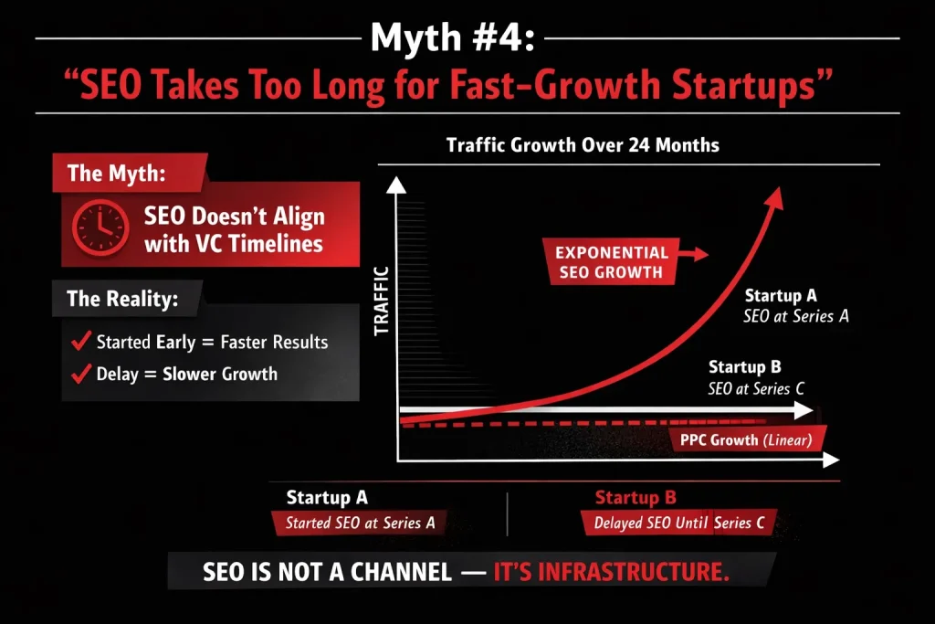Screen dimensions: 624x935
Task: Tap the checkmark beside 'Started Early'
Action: click(x=79, y=343)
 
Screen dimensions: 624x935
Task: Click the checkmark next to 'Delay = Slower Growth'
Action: click(x=79, y=373)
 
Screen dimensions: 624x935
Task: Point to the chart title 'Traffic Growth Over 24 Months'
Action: click(x=583, y=145)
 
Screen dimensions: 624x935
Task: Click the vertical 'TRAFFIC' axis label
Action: click(x=382, y=301)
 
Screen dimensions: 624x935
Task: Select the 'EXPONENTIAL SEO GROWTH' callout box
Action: click(x=612, y=261)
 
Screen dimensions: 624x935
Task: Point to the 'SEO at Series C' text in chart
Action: click(x=756, y=388)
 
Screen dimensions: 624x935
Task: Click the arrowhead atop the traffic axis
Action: click(x=396, y=185)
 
